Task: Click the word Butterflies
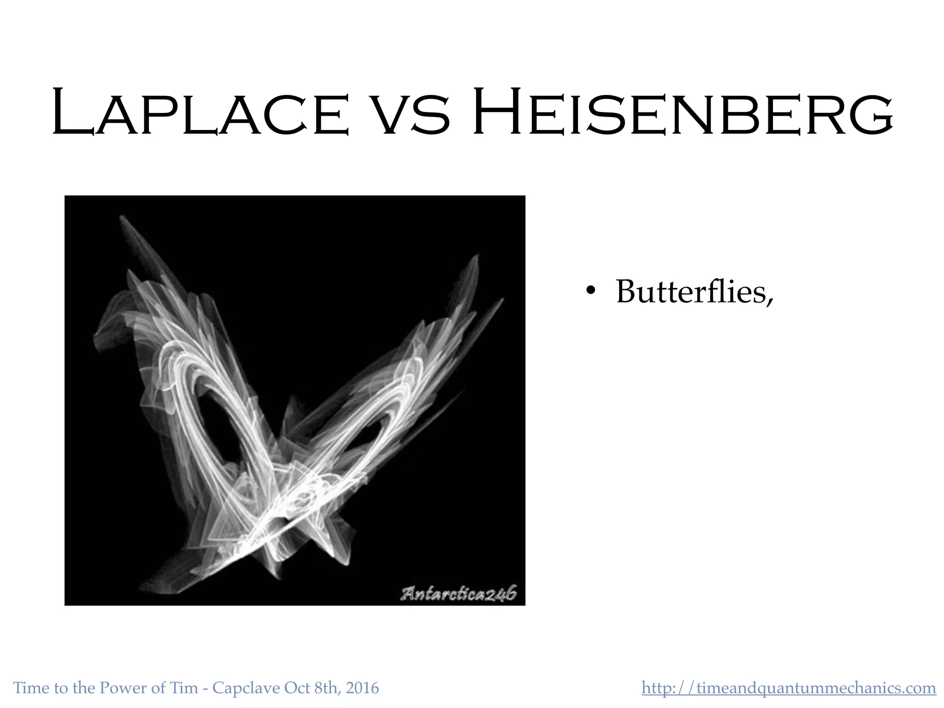click(x=695, y=292)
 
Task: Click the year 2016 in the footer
click(x=362, y=688)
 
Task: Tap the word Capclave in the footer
click(x=246, y=688)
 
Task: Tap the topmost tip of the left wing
click(x=122, y=218)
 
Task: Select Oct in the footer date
click(x=297, y=688)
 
